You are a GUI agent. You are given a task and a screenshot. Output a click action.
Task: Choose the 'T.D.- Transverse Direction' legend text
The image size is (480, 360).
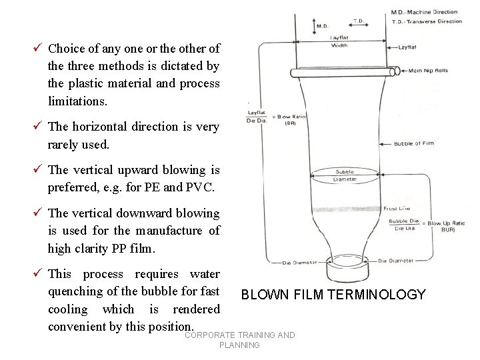point(427,21)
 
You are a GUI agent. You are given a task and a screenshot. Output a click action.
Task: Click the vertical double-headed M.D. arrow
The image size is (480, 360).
point(313,25)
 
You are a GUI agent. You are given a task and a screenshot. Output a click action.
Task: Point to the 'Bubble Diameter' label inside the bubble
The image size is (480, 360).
point(345,175)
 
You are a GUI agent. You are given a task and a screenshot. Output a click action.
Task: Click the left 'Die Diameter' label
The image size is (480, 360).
point(299,262)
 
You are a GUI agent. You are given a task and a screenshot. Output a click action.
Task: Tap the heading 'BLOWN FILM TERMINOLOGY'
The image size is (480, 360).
point(333,295)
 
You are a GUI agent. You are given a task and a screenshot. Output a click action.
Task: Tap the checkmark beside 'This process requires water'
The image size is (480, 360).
point(39,274)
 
